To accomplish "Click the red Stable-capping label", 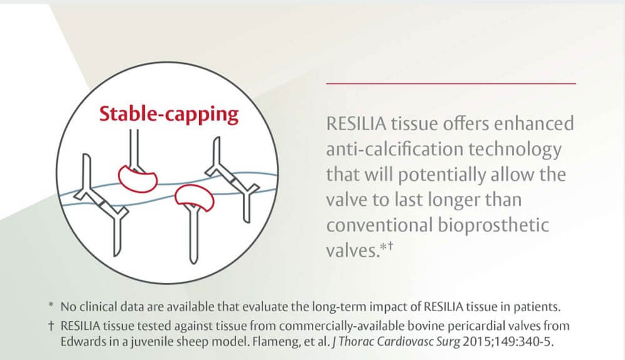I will point(169,115).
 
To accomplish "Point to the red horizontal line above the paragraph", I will point(451,83).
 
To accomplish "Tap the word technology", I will point(522,150).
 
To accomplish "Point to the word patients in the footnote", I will point(538,307).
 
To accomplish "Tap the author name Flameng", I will point(247,342).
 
